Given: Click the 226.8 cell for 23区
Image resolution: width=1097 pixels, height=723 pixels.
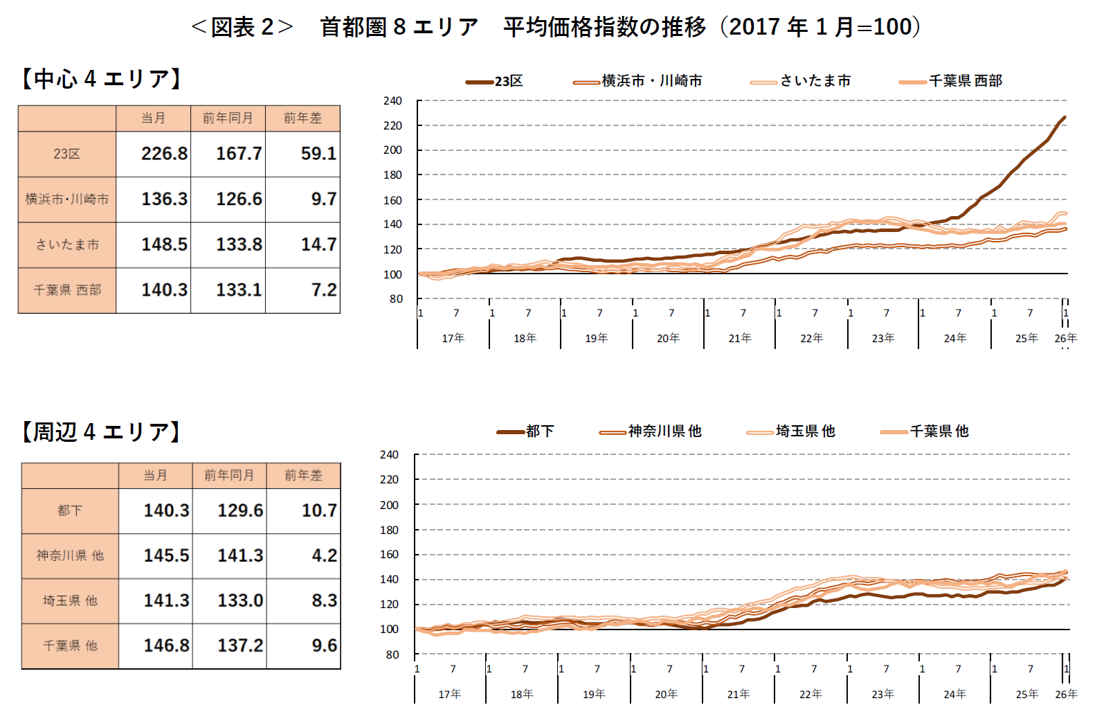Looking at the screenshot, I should [x=164, y=153].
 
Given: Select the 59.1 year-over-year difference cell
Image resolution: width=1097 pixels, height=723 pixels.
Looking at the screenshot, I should [x=318, y=153].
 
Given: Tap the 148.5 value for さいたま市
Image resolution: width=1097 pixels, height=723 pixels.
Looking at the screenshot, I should [x=164, y=244].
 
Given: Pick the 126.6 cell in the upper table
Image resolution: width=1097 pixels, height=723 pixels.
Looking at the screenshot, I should [x=239, y=199].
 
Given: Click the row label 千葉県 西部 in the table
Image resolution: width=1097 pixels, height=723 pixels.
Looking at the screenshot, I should [x=67, y=290].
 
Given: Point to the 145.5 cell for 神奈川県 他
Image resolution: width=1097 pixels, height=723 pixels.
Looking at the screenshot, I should [x=166, y=555].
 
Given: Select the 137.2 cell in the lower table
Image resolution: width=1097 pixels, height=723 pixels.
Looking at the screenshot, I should [x=240, y=645].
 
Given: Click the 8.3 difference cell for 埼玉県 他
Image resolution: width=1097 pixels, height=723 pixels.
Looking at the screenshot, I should [x=324, y=600].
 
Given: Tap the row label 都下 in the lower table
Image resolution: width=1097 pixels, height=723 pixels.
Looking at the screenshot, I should [x=70, y=510].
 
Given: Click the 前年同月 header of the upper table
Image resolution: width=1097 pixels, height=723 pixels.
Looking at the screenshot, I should [x=228, y=118].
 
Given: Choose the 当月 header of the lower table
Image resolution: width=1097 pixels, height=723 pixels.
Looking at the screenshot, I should [x=155, y=475].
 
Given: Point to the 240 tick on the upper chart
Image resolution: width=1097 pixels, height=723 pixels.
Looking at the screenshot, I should [x=392, y=101].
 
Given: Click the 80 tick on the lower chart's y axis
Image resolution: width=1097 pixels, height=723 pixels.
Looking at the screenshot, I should [x=392, y=654].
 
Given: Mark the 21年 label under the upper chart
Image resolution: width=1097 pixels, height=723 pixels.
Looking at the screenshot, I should [x=739, y=338].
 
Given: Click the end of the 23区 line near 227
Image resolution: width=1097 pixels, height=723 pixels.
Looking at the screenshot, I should [x=1064, y=118].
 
